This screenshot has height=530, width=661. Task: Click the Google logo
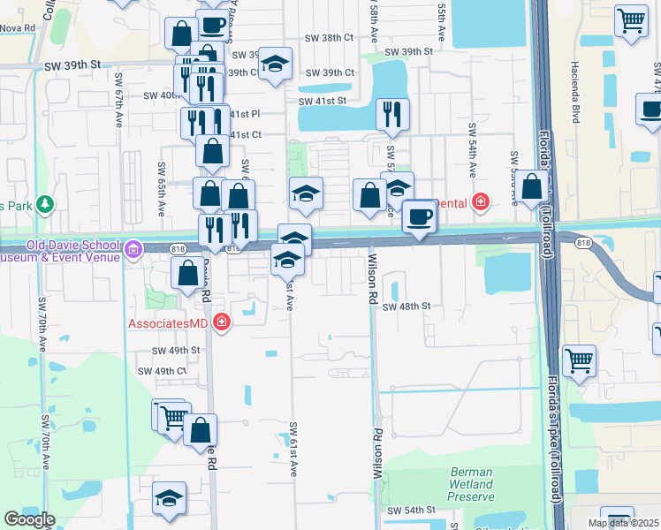point(29,519)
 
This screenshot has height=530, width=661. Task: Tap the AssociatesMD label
point(168,323)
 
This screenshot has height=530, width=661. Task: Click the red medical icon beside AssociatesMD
point(221,322)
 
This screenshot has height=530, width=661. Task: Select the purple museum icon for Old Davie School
point(133,249)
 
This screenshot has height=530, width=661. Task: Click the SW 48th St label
point(406,306)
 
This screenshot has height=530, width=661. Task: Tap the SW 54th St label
point(412,511)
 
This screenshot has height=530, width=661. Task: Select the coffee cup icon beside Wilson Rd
point(419,216)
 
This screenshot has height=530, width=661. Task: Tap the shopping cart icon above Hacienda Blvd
point(631,21)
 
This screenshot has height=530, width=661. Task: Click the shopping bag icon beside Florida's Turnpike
point(533,187)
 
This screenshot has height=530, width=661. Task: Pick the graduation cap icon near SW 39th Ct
point(276,63)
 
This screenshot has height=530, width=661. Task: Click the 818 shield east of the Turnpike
point(582,240)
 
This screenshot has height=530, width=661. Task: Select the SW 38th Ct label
point(328,38)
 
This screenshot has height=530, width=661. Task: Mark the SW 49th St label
point(177,350)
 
